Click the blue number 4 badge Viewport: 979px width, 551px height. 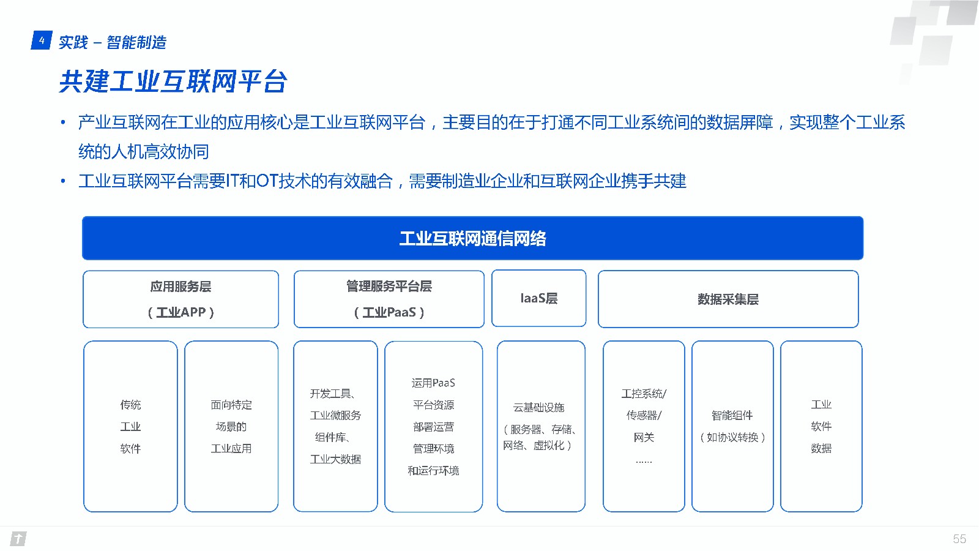42,40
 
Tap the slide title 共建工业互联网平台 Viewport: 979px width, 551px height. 173,81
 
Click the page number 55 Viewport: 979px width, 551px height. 959,539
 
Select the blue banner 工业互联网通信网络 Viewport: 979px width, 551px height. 472,238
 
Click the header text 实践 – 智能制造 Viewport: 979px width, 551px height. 113,42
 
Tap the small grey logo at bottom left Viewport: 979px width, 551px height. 18,539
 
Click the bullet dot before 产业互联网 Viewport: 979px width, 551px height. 64,122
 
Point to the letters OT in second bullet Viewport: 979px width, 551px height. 267,181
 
